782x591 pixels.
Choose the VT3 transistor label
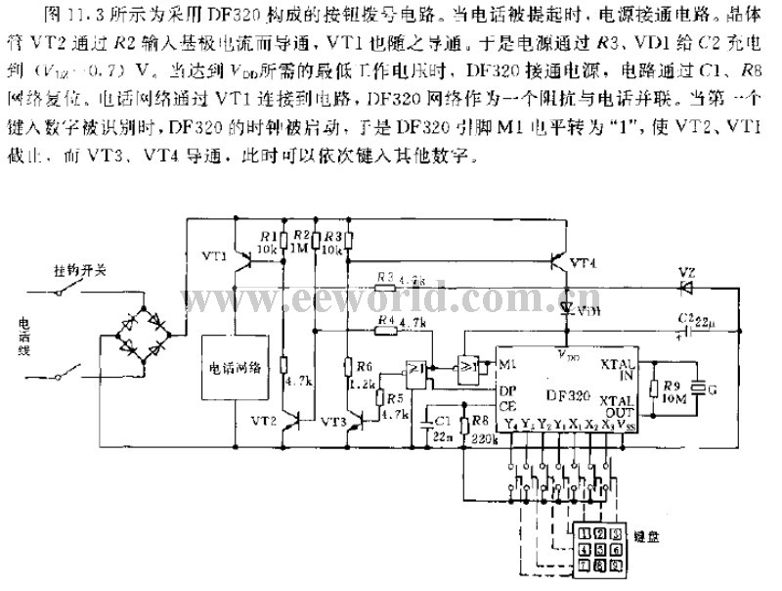332,422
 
